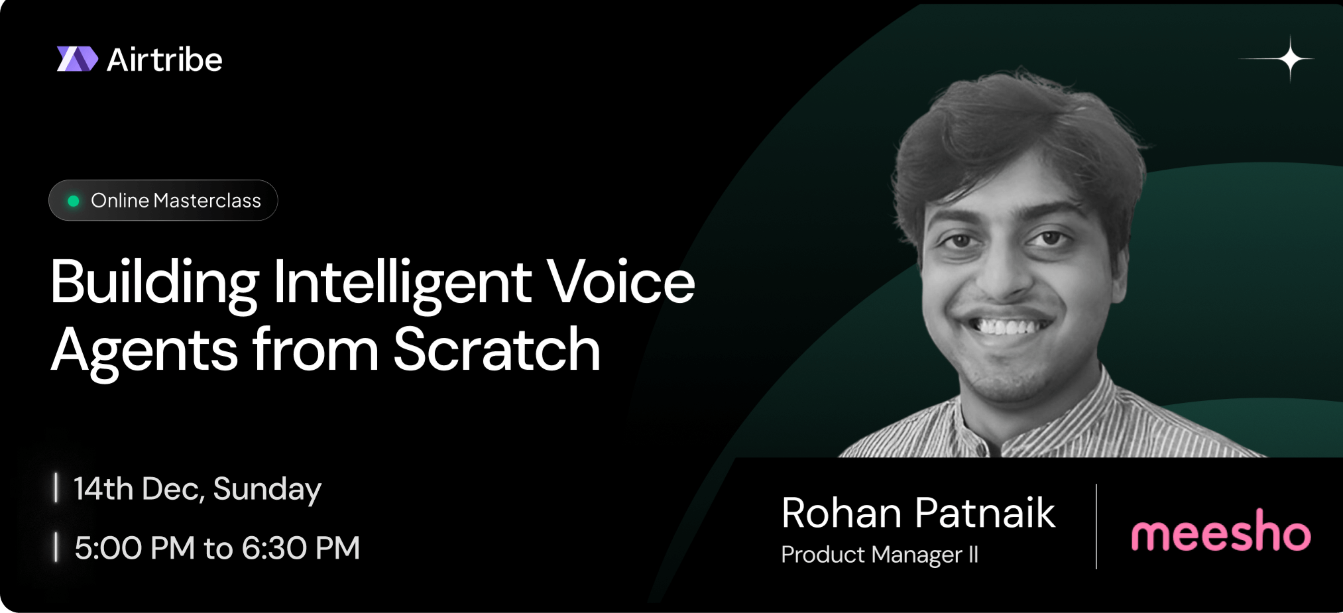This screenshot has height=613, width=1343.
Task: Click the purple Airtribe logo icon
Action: tap(78, 59)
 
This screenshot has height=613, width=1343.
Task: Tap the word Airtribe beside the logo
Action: tap(164, 60)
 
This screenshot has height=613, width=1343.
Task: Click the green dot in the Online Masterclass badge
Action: tap(74, 201)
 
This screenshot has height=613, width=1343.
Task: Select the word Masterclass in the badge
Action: tap(207, 200)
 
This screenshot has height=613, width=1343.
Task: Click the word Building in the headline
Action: tap(154, 283)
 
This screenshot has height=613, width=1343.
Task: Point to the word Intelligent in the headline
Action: tap(402, 283)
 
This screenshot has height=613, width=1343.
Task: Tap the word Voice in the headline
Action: tap(620, 282)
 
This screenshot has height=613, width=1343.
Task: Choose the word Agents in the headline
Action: tap(145, 351)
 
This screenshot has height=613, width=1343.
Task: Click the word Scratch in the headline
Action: tap(497, 349)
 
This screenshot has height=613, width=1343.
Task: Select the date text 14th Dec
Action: tap(139, 490)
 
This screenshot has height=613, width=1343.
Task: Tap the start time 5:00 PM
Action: tap(135, 548)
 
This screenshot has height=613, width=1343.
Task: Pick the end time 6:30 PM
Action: tap(300, 548)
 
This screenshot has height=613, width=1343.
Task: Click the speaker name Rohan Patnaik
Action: tap(918, 513)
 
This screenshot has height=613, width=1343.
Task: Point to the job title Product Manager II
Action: tap(880, 555)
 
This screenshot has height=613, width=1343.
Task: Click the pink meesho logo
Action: tap(1221, 531)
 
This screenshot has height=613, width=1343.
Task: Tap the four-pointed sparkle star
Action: tap(1289, 59)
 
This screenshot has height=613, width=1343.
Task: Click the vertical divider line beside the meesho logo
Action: tap(1096, 526)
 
